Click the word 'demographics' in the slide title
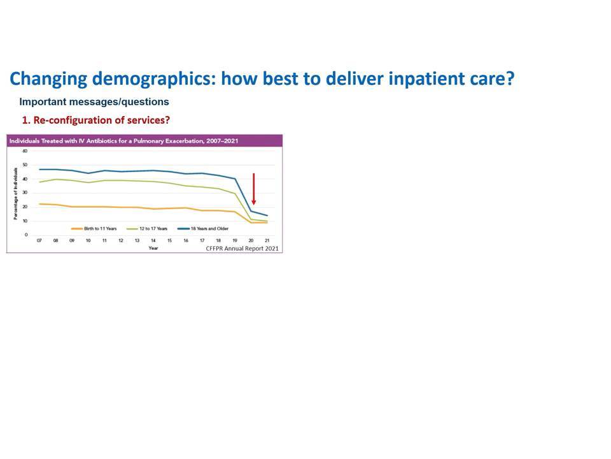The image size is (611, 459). click(x=153, y=79)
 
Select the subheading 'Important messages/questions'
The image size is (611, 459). click(x=94, y=102)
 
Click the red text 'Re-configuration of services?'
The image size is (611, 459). click(x=102, y=120)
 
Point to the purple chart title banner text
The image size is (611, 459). click(x=123, y=141)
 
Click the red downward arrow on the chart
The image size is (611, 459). click(x=254, y=189)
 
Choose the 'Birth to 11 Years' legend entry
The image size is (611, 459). click(x=94, y=229)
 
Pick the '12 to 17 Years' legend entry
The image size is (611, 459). click(x=147, y=229)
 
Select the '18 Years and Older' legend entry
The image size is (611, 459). click(x=203, y=229)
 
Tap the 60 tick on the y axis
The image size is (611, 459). click(x=25, y=151)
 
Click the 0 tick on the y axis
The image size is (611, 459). click(x=26, y=235)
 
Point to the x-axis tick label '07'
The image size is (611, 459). click(x=39, y=241)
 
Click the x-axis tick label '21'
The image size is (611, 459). click(x=267, y=241)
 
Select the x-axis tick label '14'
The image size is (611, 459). click(x=153, y=241)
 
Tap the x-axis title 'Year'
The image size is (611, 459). click(x=153, y=248)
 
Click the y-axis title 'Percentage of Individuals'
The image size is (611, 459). click(x=15, y=194)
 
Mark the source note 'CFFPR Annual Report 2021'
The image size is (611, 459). click(x=242, y=249)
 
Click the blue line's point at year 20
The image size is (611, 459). click(x=251, y=211)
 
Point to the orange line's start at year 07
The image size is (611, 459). click(x=39, y=204)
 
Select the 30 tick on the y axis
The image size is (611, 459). click(x=25, y=193)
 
